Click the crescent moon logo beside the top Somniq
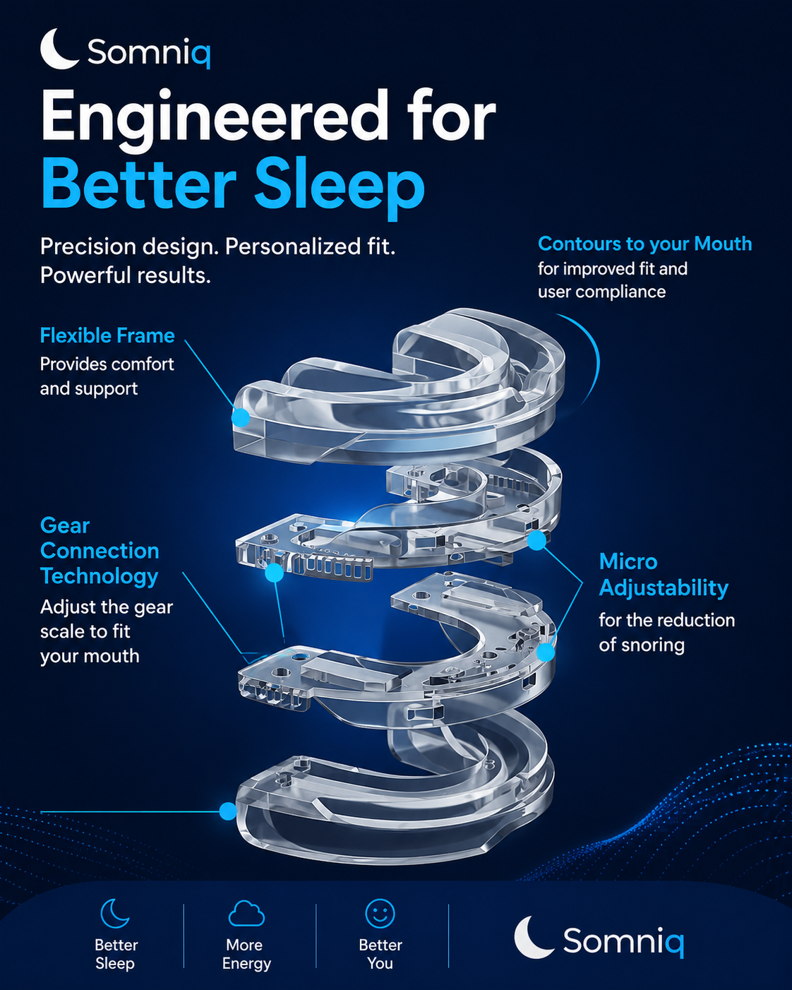[x=57, y=49]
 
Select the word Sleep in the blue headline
[x=339, y=185]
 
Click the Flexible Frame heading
[x=107, y=335]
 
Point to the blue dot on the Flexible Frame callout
[x=240, y=417]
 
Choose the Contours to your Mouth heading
[x=644, y=244]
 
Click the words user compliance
[x=601, y=292]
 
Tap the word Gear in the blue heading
[x=65, y=526]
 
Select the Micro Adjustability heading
[x=664, y=575]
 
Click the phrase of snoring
[x=642, y=645]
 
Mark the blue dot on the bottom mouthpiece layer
[x=228, y=811]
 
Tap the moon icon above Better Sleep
[x=114, y=914]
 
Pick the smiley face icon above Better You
[x=380, y=914]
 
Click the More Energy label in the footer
[x=246, y=954]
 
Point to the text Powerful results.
[x=126, y=275]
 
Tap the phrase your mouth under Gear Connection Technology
[x=90, y=657]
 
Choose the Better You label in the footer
[x=380, y=954]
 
